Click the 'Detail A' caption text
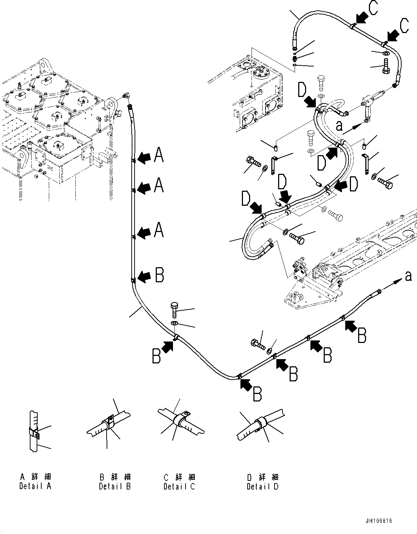tap(35, 486)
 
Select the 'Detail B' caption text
tap(115, 486)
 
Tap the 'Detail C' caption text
tap(179, 487)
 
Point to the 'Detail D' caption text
tap(262, 487)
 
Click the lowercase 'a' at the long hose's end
tap(408, 276)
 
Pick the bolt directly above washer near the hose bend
tap(174, 309)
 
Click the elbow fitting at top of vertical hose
tap(126, 96)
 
